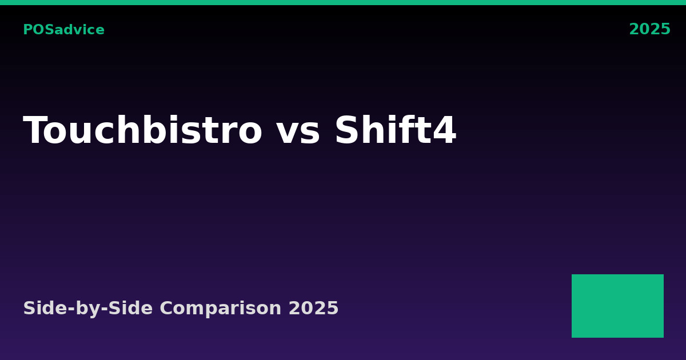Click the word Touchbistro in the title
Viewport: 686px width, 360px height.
tap(142, 132)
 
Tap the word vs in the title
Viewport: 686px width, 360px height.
tap(298, 132)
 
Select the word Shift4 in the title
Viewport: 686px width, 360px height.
tap(395, 132)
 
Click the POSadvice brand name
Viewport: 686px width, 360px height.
tap(63, 30)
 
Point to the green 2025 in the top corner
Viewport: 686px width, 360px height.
tap(649, 30)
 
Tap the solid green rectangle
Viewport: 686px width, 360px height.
tap(617, 306)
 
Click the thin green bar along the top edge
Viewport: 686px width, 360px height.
tap(343, 2)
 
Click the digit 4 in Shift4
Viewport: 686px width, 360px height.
tap(444, 132)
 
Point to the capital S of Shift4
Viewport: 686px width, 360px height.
tap(346, 132)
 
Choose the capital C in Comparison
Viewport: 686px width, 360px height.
tap(166, 309)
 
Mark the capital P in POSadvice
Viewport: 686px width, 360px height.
tap(27, 30)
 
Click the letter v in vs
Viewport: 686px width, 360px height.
tap(287, 134)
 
